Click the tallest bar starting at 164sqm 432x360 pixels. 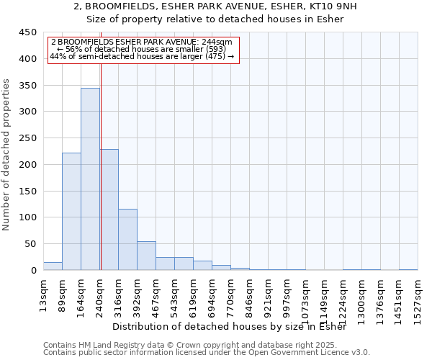tap(90, 179)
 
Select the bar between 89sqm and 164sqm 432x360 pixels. tap(71, 212)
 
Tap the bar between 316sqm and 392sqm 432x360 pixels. tap(127, 240)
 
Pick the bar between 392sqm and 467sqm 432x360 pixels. tap(146, 256)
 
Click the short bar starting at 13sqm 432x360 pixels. tap(53, 266)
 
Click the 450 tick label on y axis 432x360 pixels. tap(27, 32)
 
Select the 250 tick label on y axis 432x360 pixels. tap(27, 138)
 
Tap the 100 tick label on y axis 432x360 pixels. tap(27, 217)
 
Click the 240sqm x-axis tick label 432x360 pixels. tap(100, 297)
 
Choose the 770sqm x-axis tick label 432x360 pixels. tap(231, 297)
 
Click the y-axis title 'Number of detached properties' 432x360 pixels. tap(6, 155)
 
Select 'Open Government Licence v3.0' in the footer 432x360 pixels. tap(310, 352)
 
